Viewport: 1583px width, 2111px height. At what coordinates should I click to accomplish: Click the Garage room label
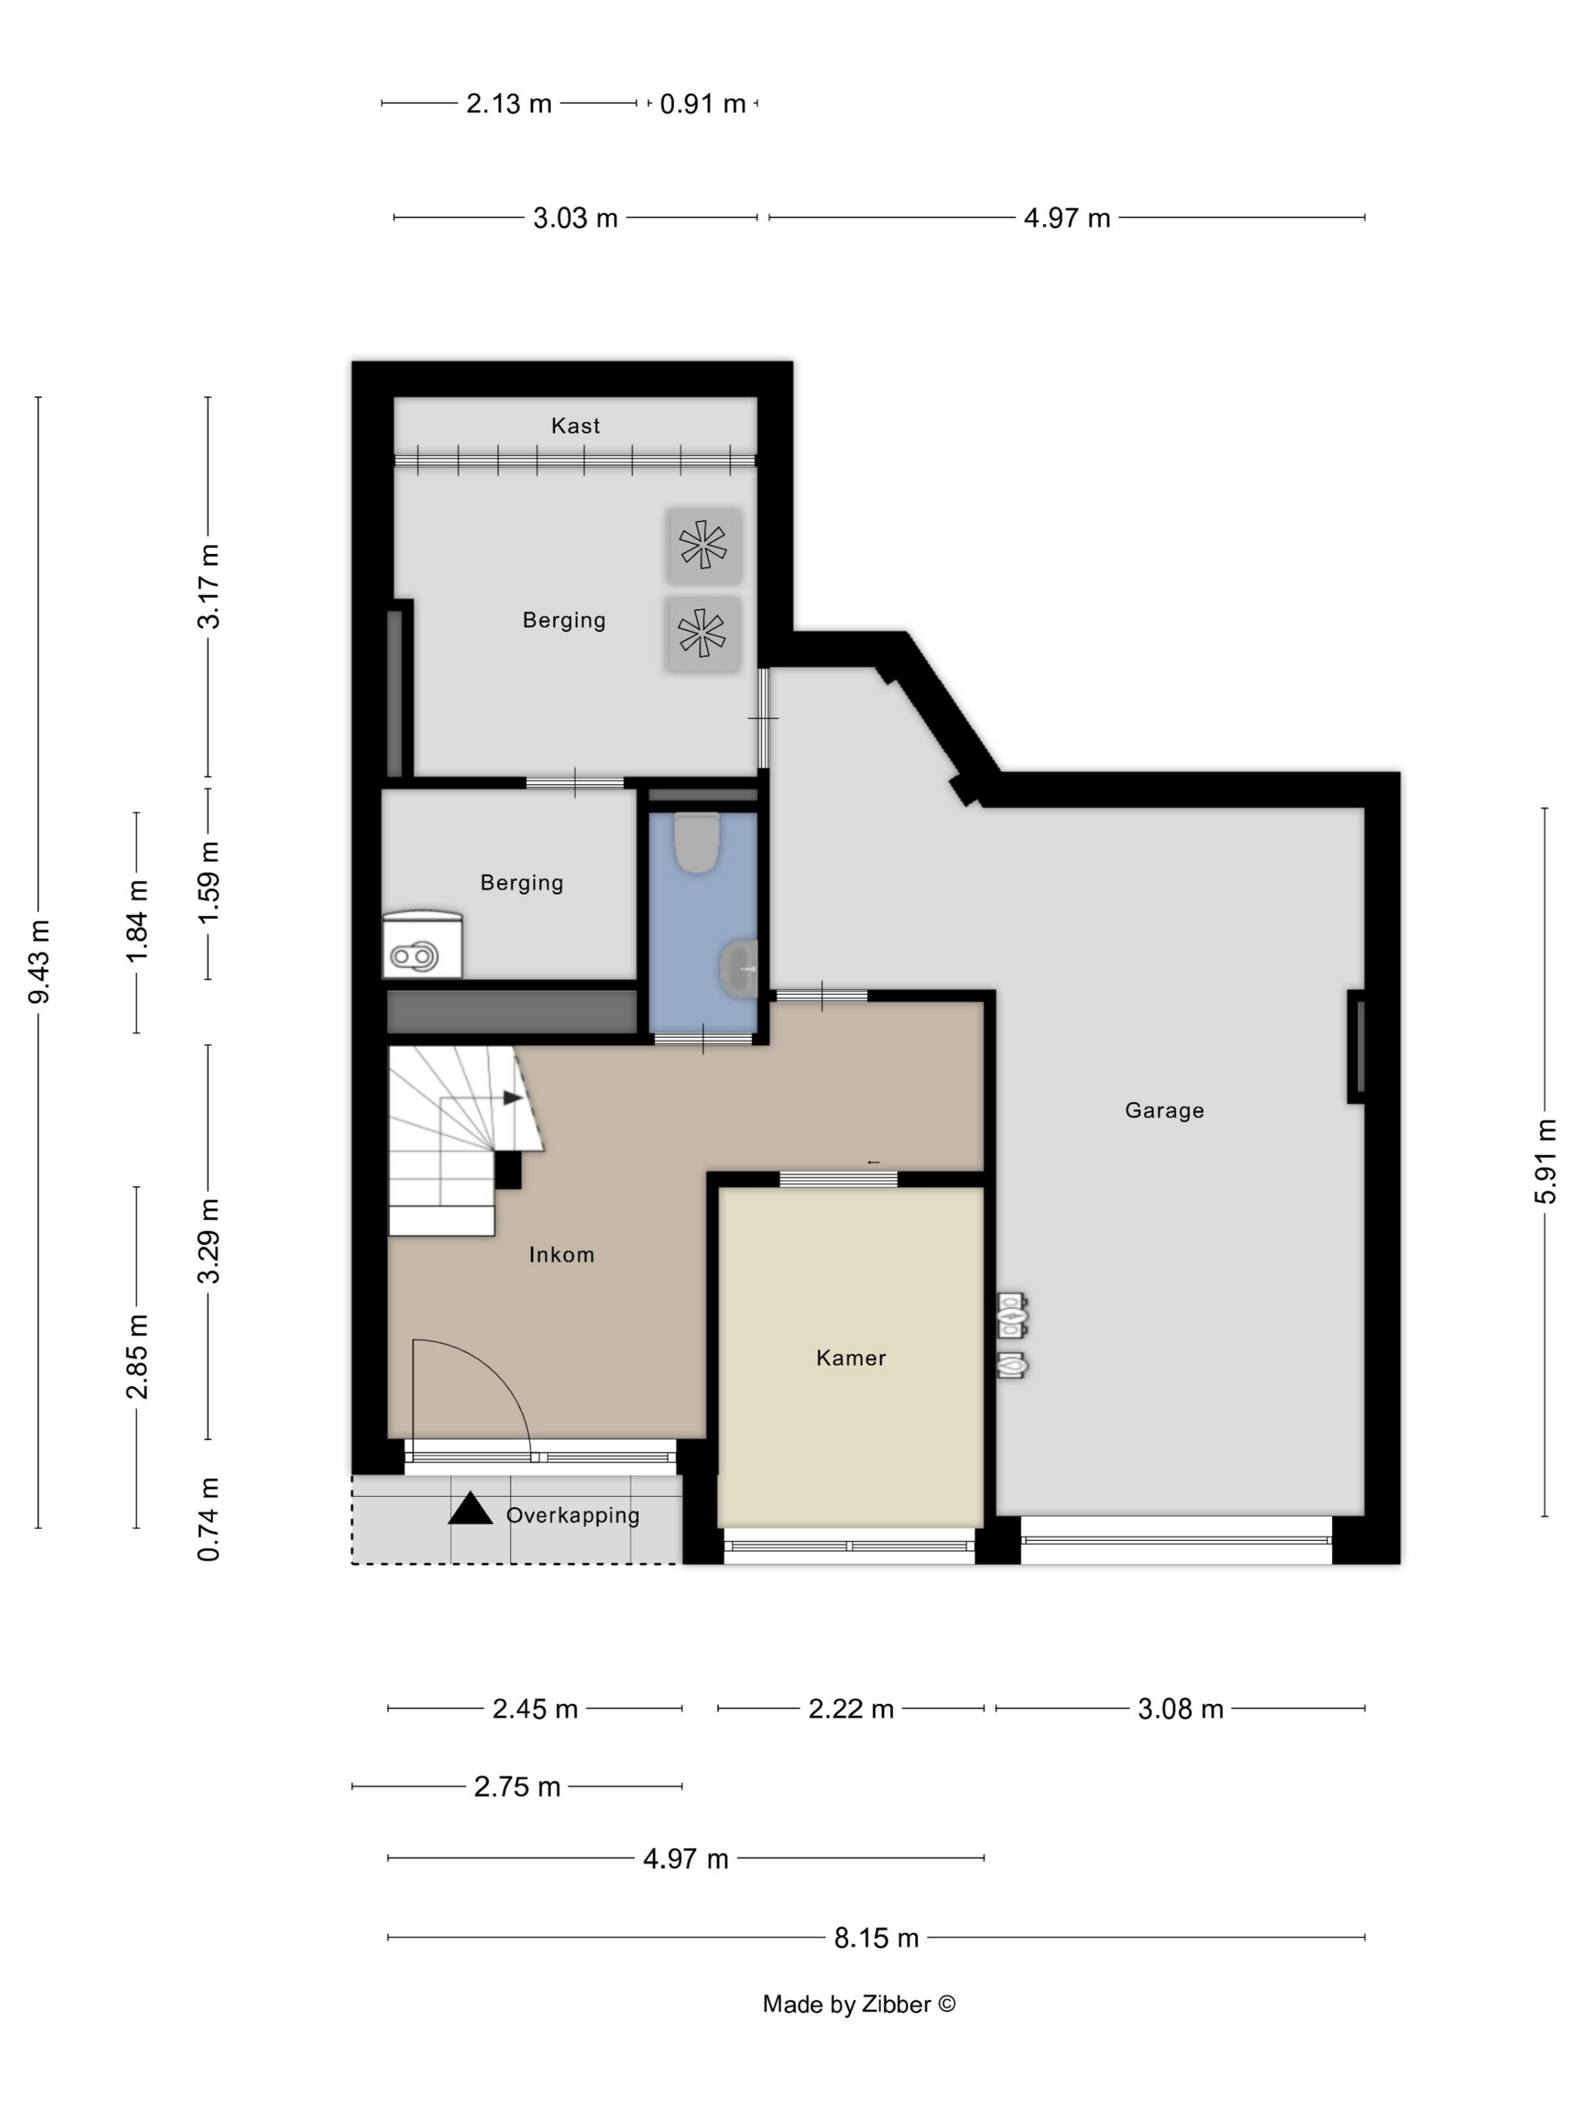(1164, 1110)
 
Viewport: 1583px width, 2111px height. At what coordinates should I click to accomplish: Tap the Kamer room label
(851, 1357)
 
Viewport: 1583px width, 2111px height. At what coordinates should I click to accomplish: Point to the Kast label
(575, 426)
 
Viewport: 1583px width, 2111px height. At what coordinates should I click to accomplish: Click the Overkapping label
(572, 1515)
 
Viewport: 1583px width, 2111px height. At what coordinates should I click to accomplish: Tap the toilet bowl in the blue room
(697, 841)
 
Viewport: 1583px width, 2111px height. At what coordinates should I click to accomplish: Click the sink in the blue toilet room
(737, 969)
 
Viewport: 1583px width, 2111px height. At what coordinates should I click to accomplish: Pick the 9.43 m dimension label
(39, 962)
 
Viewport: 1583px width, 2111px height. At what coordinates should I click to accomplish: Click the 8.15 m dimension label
(876, 1938)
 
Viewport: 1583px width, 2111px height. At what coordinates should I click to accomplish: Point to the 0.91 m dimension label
(703, 103)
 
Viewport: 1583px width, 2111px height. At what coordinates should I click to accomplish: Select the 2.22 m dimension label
(851, 1708)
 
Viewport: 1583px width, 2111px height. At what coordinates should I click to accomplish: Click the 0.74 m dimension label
(209, 1519)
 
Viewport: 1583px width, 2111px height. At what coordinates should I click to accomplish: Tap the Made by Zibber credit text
(859, 2004)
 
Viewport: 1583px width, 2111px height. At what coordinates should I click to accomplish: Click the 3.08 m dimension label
(1180, 1708)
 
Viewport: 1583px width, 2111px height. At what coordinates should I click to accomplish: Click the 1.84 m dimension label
(137, 922)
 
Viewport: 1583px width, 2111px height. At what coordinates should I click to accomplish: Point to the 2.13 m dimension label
(509, 103)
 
